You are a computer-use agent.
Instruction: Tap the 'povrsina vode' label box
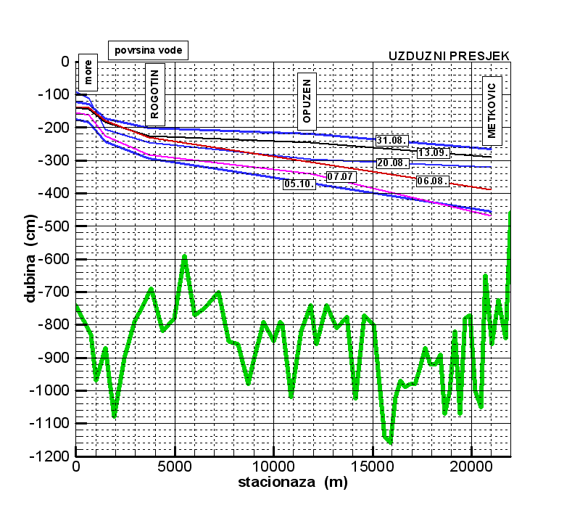(x=148, y=49)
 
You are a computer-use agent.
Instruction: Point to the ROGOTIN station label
(x=155, y=95)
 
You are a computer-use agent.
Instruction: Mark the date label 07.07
(x=339, y=176)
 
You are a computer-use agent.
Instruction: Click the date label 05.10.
(x=299, y=184)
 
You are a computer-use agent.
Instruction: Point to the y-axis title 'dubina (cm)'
(x=31, y=259)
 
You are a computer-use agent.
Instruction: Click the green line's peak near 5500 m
(x=185, y=256)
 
